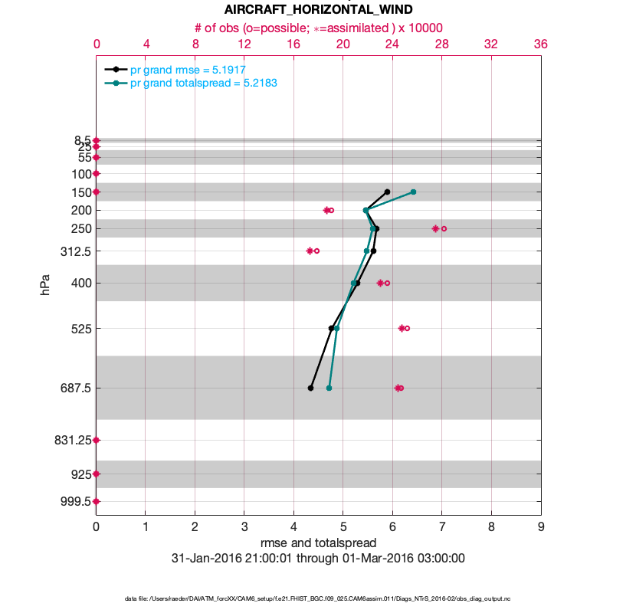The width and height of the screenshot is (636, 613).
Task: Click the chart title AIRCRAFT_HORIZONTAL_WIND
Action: [318, 10]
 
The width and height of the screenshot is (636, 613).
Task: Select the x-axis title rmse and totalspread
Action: [318, 543]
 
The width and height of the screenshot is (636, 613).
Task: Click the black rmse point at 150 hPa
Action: [387, 192]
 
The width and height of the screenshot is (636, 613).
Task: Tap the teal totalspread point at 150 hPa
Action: [413, 192]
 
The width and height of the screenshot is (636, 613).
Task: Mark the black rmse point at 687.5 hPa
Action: [310, 388]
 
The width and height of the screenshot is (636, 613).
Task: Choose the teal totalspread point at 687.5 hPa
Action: [329, 388]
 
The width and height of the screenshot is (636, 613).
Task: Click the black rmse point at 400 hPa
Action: [358, 283]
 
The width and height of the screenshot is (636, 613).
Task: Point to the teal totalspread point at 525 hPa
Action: [336, 328]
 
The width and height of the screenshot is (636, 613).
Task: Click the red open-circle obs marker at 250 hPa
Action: [444, 228]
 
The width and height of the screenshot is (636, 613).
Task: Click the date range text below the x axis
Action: [318, 558]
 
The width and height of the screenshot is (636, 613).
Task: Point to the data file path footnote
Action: [318, 598]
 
